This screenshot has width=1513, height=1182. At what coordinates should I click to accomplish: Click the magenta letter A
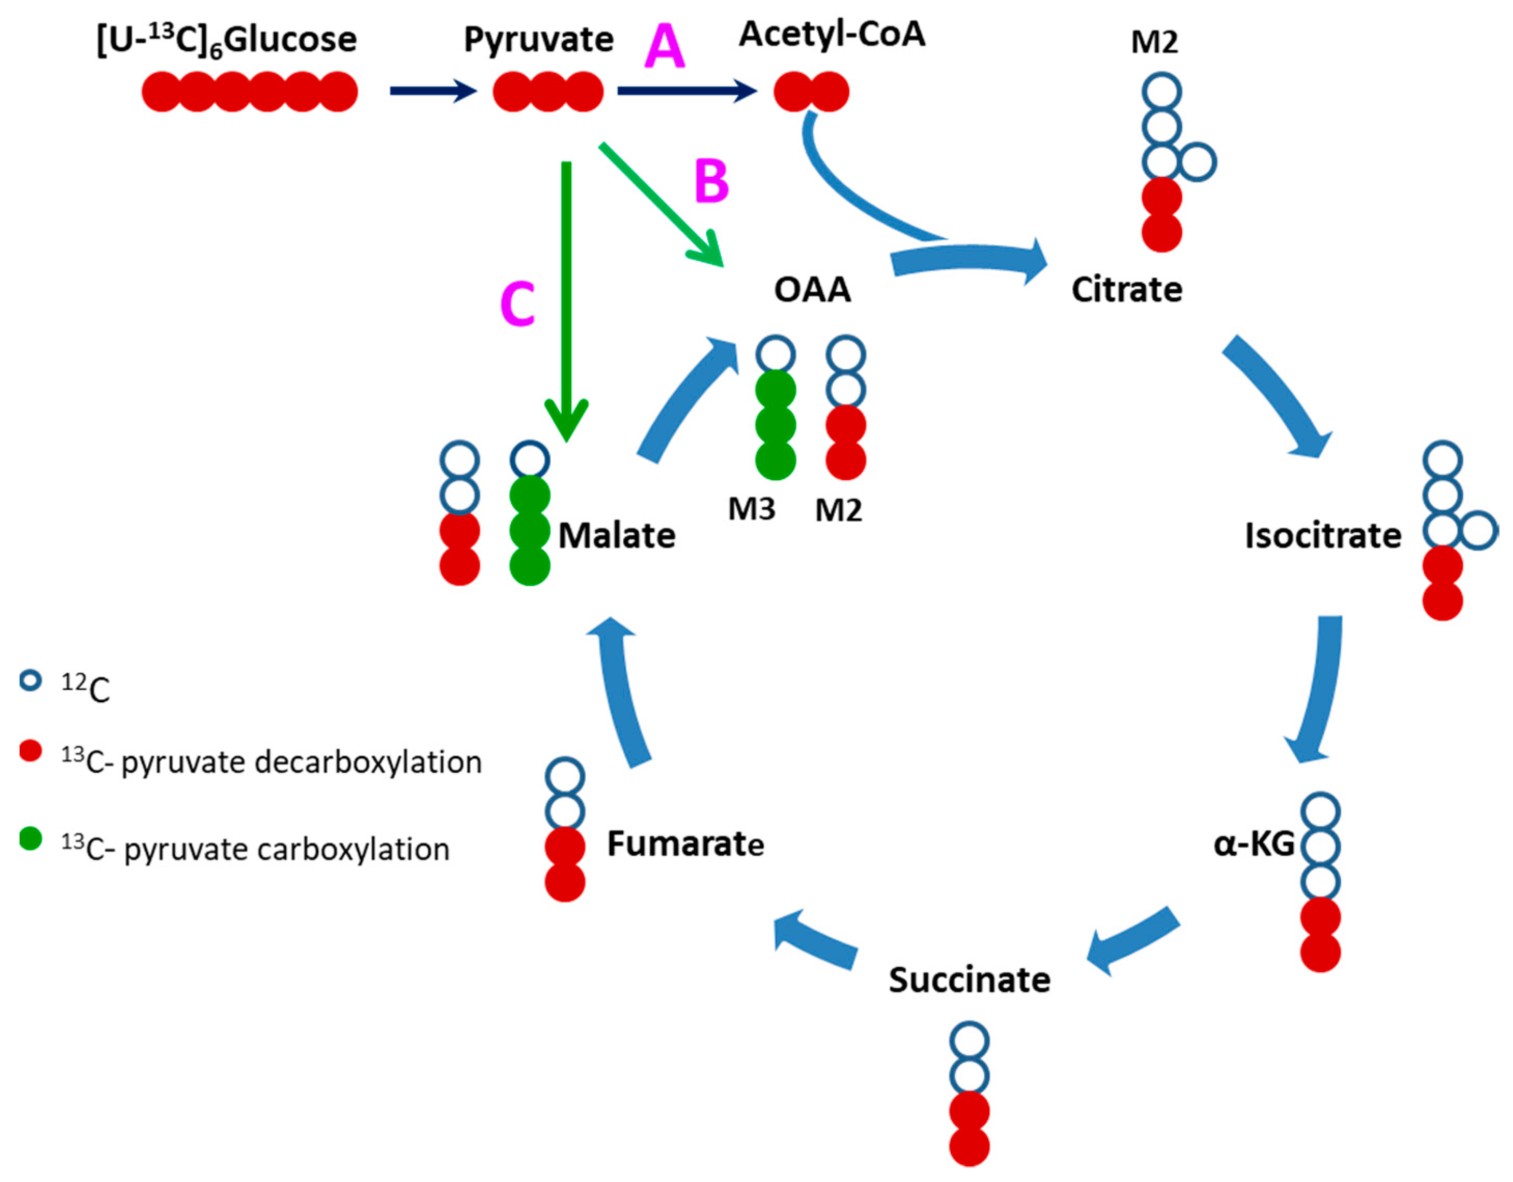664,47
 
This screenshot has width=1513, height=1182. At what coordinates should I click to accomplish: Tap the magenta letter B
711,182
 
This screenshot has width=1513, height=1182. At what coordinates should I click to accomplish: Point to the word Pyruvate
538,39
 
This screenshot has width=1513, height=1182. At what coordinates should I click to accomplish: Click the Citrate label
1126,289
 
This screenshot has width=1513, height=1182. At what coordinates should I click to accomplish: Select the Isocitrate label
1322,536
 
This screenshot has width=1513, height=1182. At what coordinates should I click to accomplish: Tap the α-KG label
1254,844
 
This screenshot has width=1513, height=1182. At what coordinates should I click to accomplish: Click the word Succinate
969,980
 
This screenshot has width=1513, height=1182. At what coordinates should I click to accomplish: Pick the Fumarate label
685,844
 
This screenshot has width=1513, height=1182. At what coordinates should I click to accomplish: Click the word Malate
617,536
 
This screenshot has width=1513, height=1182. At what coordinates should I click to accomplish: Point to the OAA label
812,289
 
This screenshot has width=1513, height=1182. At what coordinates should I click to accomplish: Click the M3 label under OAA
752,510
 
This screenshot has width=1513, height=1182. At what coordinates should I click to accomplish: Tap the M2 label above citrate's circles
1154,43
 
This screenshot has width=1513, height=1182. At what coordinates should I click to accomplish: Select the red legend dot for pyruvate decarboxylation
31,751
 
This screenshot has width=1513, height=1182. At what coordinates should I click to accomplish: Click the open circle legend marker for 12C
31,681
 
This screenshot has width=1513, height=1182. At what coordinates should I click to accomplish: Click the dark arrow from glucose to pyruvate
433,91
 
